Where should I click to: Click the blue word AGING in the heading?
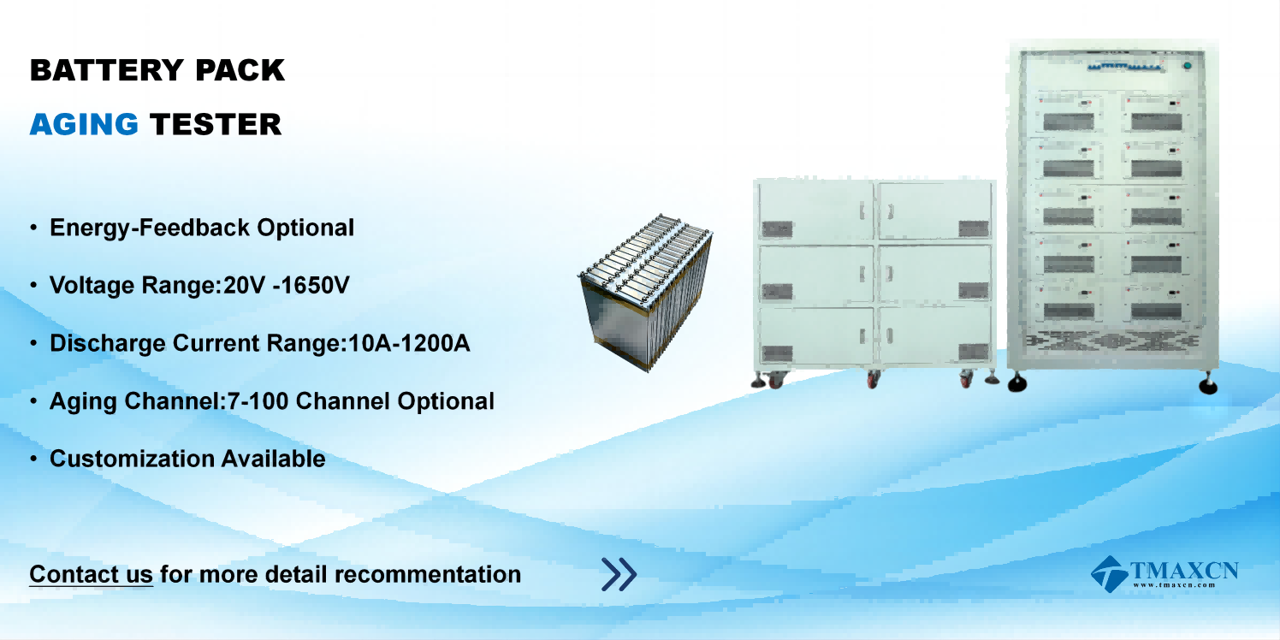[84, 125]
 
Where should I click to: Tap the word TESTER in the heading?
[216, 125]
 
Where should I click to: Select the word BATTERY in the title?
[106, 70]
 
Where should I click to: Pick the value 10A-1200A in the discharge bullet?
[409, 343]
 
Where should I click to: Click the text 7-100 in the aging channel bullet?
[258, 401]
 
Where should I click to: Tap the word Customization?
[132, 459]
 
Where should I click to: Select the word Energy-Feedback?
[150, 228]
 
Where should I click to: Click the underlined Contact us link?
[91, 574]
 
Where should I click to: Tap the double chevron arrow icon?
[619, 574]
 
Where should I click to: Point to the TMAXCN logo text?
[1184, 571]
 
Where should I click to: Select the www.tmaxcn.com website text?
[1174, 584]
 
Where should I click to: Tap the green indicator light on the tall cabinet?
[1188, 66]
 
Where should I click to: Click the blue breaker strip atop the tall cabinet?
[1125, 68]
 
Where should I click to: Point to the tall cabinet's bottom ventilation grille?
[1112, 341]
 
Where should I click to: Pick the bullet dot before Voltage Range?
[33, 285]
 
